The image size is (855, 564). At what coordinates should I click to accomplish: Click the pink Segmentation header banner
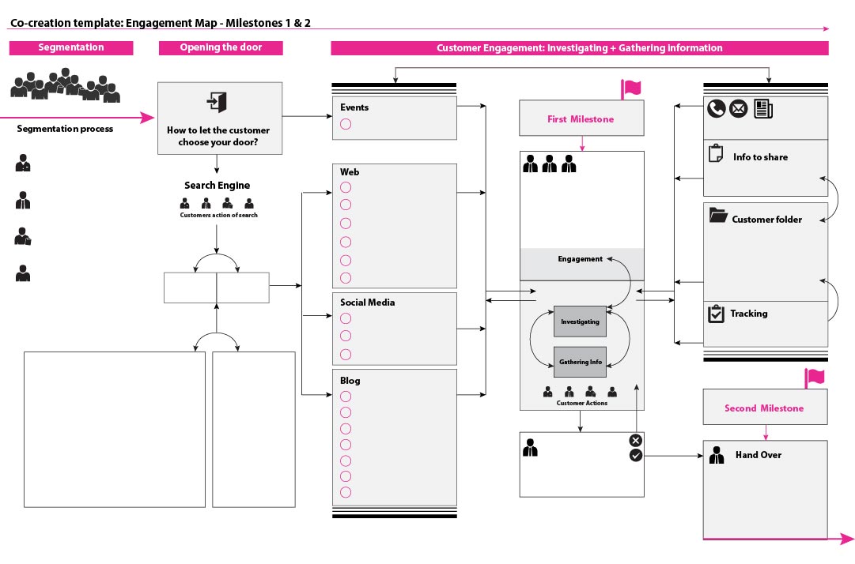71,47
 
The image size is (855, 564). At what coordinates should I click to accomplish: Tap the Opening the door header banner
221,47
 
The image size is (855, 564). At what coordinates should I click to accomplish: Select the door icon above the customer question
217,102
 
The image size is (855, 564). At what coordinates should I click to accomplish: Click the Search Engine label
217,185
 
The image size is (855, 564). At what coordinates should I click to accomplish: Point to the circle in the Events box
346,124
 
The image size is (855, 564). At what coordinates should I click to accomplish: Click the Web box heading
350,172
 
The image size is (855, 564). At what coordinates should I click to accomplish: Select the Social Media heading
368,302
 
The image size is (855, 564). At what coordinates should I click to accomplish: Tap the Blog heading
350,381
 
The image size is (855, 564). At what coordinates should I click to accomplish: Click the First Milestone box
581,118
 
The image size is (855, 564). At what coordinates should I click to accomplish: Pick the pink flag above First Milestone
631,88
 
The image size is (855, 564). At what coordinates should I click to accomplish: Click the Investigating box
581,321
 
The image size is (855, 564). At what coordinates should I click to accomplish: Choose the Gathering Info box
581,362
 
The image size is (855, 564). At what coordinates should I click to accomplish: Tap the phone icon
716,109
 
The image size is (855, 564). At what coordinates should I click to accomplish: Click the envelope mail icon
738,109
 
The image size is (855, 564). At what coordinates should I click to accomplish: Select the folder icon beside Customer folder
718,215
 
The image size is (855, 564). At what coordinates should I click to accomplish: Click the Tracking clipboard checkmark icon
716,314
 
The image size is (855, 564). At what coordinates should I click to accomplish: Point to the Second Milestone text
764,408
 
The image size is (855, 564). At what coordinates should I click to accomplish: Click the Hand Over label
759,454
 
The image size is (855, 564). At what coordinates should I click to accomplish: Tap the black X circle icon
636,441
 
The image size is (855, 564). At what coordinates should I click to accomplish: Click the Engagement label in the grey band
581,258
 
